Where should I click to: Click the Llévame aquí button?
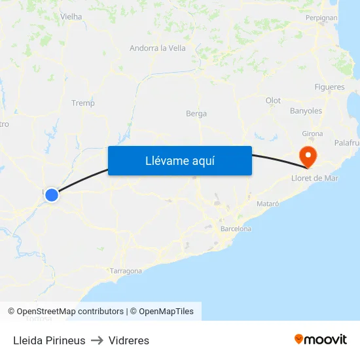pos(180,160)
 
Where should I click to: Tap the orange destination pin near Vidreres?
pos(308,156)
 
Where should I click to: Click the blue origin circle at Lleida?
pos(52,194)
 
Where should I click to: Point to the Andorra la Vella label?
pos(158,48)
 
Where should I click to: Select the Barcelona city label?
pos(236,229)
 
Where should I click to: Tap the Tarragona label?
pos(126,270)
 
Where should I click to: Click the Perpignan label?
pos(321,18)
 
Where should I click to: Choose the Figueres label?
pos(329,87)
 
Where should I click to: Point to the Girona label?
pos(312,134)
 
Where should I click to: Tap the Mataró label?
pos(268,204)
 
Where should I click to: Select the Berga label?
pos(196,113)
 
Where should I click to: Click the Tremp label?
pos(83,103)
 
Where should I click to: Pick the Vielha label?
pos(71,16)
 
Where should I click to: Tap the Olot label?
pos(273,100)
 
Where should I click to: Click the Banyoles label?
pos(306,111)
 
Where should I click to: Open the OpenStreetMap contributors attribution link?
pos(70,312)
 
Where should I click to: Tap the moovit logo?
pos(321,339)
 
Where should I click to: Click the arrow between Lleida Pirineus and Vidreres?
pos(97,340)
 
